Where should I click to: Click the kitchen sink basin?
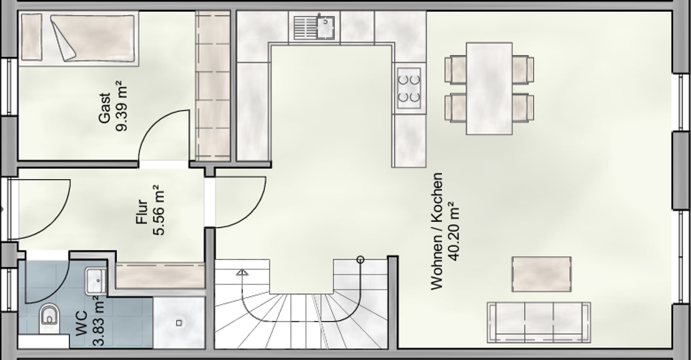click(x=326, y=27)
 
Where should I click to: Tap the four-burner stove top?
click(x=409, y=87)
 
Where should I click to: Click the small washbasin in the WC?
click(x=96, y=281)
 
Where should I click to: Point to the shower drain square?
click(x=179, y=323)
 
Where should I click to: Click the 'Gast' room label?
click(x=105, y=108)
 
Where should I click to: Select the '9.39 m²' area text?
click(x=121, y=106)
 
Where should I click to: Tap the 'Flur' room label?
click(x=142, y=212)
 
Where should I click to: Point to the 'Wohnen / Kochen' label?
click(x=436, y=231)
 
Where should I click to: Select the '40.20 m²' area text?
click(x=452, y=231)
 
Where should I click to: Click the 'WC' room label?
click(x=81, y=323)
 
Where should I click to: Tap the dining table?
click(x=489, y=88)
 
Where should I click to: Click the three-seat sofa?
click(x=539, y=322)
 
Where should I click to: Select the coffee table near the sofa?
click(x=542, y=274)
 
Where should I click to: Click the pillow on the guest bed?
click(x=32, y=37)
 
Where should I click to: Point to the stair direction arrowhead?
click(x=242, y=272)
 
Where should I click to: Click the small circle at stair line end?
click(x=360, y=259)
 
